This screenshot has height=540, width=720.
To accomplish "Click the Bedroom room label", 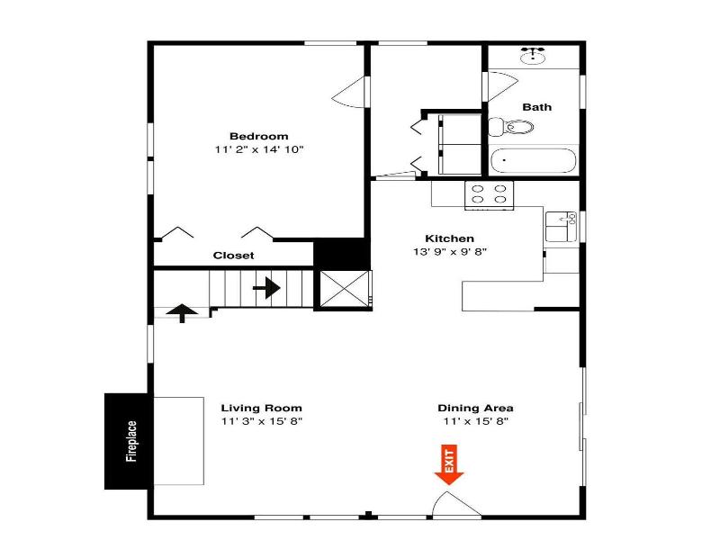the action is [259, 137].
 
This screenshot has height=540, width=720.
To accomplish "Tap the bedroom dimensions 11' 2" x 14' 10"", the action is [259, 149].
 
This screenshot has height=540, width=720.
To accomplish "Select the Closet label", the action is [233, 256].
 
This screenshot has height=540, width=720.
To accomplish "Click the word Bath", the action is [536, 107].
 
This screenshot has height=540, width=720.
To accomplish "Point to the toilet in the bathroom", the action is [510, 127].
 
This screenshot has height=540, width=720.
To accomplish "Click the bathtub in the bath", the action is [533, 160].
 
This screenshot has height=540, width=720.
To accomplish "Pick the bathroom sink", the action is [533, 56].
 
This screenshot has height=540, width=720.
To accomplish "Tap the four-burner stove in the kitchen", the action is [489, 195].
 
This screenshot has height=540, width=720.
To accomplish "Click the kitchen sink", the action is [561, 227].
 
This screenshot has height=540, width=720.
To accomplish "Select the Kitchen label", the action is [449, 238].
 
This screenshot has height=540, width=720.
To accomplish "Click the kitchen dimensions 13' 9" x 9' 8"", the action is [449, 252].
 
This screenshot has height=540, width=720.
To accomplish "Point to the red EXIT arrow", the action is [449, 464].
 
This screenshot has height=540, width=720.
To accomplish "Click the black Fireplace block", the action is [126, 441].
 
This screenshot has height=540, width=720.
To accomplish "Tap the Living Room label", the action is [262, 409].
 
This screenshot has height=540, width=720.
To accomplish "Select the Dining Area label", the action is [476, 409].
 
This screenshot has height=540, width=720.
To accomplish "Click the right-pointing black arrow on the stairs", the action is [266, 288].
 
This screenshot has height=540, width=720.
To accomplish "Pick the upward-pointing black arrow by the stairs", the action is [182, 313].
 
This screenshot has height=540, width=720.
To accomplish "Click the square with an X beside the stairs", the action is [345, 289].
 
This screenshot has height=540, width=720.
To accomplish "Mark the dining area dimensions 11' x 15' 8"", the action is [476, 421].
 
